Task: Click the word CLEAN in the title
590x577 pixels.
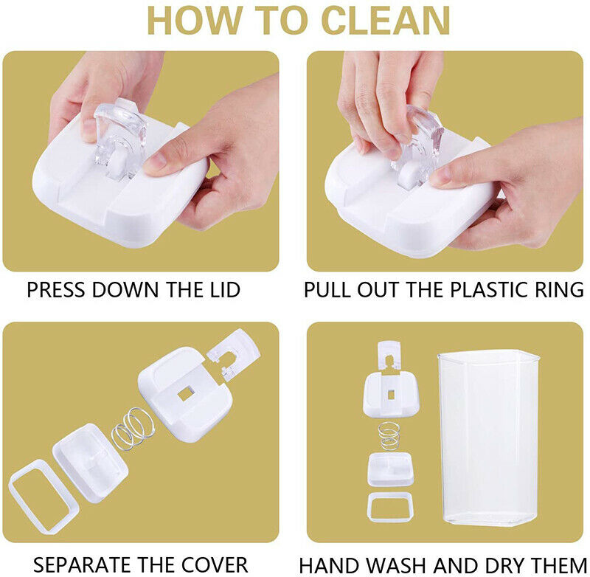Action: click(x=386, y=21)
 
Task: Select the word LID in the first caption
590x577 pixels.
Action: click(x=225, y=290)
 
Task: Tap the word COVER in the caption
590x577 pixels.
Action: click(x=215, y=565)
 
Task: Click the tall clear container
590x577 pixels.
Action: click(x=488, y=438)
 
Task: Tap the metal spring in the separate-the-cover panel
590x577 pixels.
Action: click(x=133, y=429)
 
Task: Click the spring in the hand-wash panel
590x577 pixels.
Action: click(x=389, y=435)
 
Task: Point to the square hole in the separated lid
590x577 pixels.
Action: click(x=185, y=394)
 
